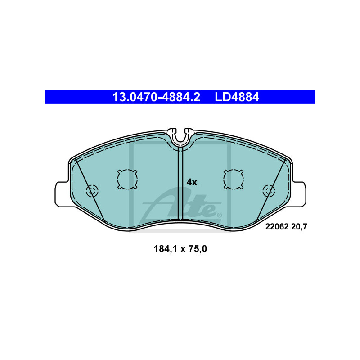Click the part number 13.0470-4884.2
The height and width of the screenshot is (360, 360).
click(156, 97)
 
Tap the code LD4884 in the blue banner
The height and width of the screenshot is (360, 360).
click(237, 97)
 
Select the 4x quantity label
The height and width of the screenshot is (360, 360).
click(192, 182)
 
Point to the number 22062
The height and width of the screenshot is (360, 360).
click(277, 227)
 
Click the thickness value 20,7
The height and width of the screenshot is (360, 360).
click(299, 227)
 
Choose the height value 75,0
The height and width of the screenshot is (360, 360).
click(198, 249)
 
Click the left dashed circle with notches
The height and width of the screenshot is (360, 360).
click(127, 179)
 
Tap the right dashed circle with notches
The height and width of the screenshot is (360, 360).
click(234, 179)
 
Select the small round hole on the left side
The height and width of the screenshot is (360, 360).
click(92, 191)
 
